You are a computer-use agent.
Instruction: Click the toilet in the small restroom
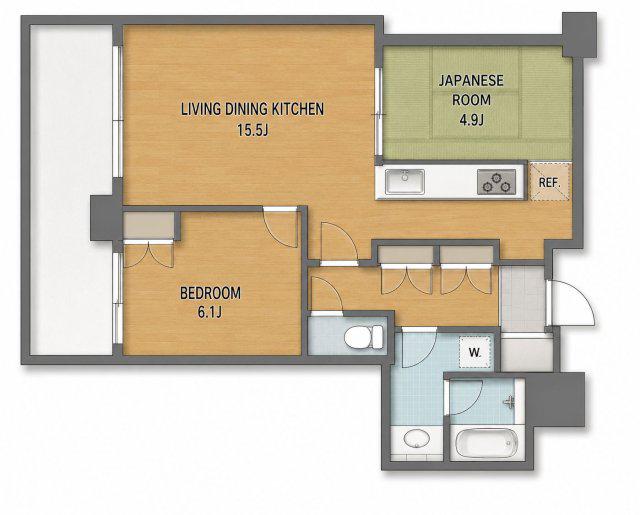click(364, 337)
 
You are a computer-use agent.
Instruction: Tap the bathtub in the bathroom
click(486, 442)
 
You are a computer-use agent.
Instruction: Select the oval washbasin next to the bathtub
click(416, 440)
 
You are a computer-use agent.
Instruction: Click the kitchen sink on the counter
click(405, 181)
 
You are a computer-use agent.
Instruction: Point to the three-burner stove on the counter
click(496, 182)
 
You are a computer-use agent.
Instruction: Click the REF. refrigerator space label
click(549, 182)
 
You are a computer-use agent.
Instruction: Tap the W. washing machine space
click(475, 352)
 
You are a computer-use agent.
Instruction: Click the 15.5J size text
click(253, 131)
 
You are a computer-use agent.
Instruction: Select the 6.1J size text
click(210, 313)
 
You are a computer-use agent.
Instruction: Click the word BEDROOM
click(210, 293)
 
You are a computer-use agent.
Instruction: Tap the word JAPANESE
click(471, 80)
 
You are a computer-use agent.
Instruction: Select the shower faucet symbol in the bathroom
click(509, 402)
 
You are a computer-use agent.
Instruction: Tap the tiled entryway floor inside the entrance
click(522, 298)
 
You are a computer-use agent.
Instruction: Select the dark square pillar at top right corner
click(580, 34)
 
